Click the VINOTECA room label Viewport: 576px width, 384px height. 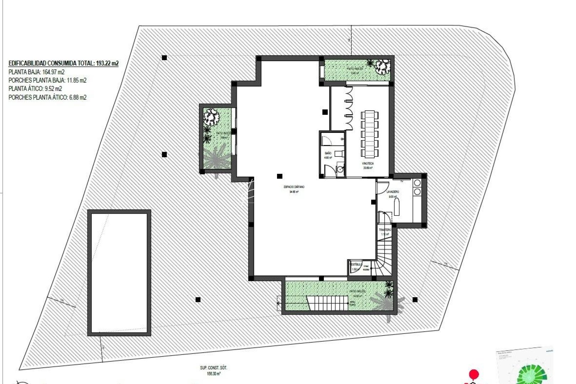(x=368, y=164)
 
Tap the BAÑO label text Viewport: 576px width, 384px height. (x=328, y=153)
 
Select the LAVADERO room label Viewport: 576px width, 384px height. (x=393, y=192)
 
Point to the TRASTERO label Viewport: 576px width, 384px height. (x=385, y=230)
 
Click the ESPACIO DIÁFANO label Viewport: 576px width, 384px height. (x=294, y=187)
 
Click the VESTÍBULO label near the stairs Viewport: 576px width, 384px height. (x=356, y=265)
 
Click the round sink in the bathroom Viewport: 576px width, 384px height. (x=340, y=170)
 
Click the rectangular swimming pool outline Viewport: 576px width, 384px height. (x=119, y=273)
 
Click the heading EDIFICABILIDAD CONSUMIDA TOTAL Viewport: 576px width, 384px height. (x=63, y=63)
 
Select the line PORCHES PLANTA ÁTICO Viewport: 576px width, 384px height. (x=47, y=97)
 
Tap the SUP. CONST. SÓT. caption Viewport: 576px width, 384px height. (x=213, y=368)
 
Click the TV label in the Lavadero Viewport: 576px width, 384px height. (x=402, y=181)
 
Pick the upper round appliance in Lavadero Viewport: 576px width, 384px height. (x=417, y=183)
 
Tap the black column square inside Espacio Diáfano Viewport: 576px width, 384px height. (x=279, y=176)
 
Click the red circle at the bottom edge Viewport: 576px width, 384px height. (x=474, y=374)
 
